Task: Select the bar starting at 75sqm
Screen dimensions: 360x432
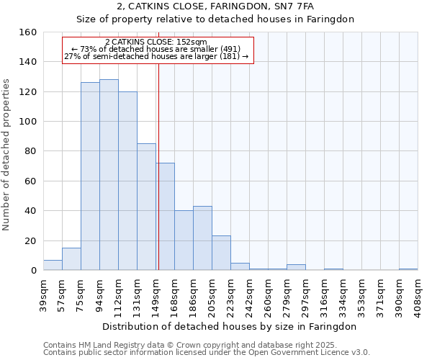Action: (x=90, y=176)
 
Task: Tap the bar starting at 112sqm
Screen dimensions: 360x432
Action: (x=127, y=181)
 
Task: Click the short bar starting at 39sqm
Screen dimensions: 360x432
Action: (x=53, y=265)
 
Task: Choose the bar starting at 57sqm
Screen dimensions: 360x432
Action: (x=71, y=259)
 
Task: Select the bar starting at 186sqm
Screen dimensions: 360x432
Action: (x=202, y=238)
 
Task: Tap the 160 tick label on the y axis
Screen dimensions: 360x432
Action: (x=27, y=32)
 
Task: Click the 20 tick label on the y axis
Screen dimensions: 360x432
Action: (x=30, y=240)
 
